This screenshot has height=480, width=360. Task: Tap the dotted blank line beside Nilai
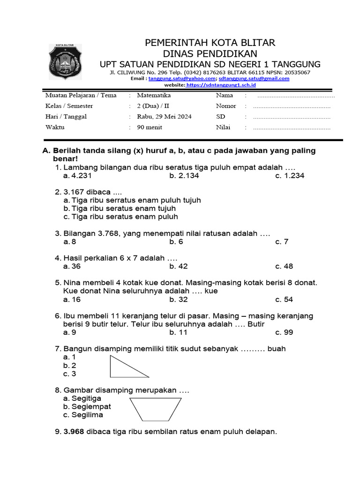[x=292, y=127]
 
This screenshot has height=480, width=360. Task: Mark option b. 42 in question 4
[x=179, y=266]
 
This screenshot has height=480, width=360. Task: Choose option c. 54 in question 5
[x=284, y=300]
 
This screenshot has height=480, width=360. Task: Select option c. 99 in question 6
[x=284, y=332]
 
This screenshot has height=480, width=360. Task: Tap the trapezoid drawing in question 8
[x=155, y=409]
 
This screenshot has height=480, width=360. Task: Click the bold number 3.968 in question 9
[x=74, y=432]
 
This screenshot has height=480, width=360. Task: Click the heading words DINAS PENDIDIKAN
[x=210, y=53]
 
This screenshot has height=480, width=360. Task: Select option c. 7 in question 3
[x=282, y=241]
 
